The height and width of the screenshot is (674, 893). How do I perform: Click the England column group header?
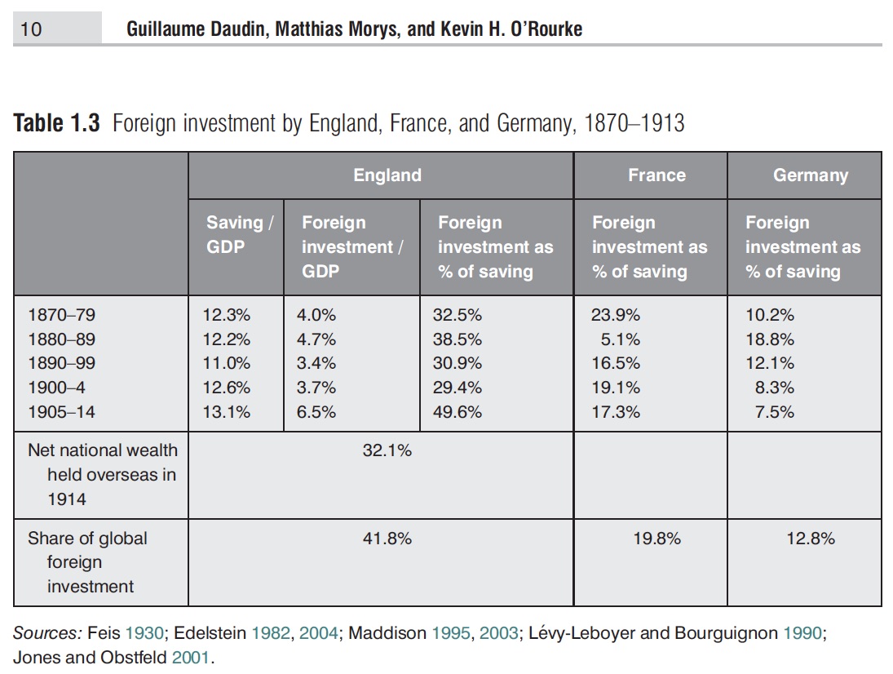[x=387, y=175]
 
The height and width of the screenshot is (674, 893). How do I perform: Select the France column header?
[x=656, y=175]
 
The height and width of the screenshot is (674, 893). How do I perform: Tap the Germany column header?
[x=810, y=175]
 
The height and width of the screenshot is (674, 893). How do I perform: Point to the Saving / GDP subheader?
[x=239, y=234]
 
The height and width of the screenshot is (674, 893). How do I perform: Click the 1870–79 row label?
[x=61, y=315]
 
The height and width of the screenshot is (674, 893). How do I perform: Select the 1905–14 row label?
[x=61, y=412]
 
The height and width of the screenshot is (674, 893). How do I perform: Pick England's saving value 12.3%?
[x=227, y=315]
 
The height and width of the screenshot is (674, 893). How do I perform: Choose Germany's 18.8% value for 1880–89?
[x=770, y=339]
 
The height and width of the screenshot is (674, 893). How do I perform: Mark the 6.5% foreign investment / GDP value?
[x=316, y=412]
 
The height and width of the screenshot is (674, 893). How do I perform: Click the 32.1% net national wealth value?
[x=387, y=450]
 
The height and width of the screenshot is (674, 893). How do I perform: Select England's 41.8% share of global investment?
[x=387, y=539]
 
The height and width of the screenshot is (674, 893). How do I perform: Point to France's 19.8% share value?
[x=657, y=539]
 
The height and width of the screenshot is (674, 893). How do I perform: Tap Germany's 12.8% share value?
[x=811, y=539]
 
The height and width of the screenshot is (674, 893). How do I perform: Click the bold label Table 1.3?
[x=57, y=124]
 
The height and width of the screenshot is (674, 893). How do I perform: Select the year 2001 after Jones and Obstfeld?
[x=192, y=657]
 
